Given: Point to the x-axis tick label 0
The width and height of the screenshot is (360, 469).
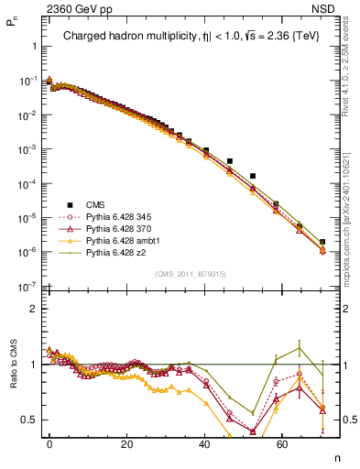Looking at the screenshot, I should pos(49,442).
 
